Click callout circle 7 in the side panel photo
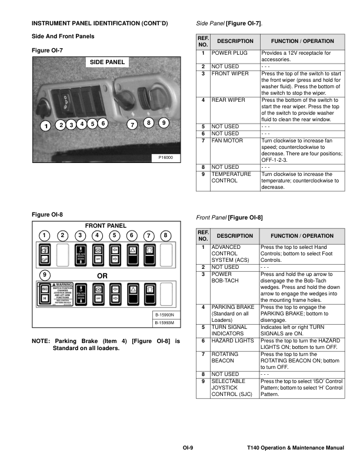click(132, 125)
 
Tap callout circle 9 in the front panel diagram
click(44, 275)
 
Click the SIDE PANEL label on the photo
click(107, 62)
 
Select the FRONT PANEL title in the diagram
click(106, 226)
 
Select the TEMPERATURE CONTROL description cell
click(231, 178)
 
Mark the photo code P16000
click(165, 158)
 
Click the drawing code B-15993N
click(163, 315)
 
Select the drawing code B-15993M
click(163, 323)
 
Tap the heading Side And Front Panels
click(62, 36)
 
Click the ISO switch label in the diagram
click(44, 289)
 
